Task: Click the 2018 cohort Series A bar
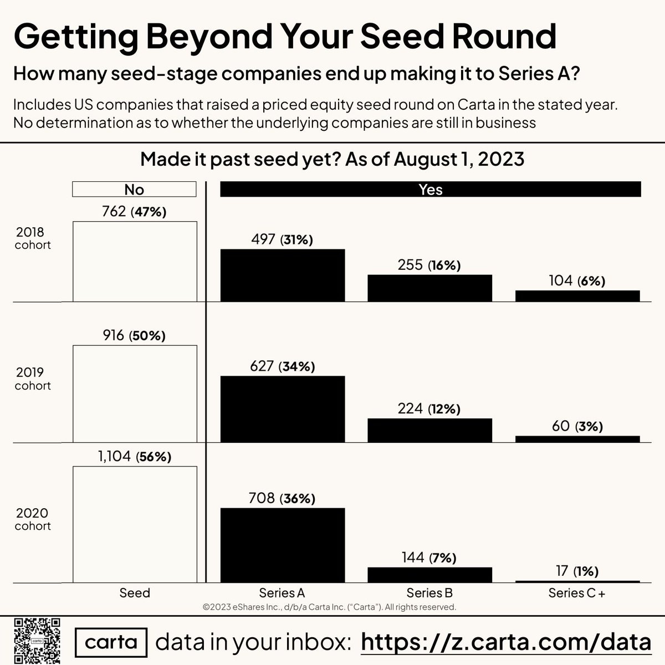[x=283, y=275]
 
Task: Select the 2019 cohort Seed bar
[x=135, y=394]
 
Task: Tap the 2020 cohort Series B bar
[x=429, y=575]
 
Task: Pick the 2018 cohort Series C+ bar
[x=577, y=296]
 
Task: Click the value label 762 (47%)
[x=134, y=211]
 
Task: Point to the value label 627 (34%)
[x=282, y=366]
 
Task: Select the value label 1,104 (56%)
[x=135, y=456]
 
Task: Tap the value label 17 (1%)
[x=577, y=571]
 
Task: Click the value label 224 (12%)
[x=429, y=408]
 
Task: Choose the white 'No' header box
[x=134, y=190]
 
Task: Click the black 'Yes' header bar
[x=430, y=190]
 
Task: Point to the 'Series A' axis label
[x=282, y=593]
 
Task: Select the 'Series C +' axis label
[x=577, y=593]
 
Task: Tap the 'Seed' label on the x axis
[x=135, y=593]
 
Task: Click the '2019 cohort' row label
[x=33, y=379]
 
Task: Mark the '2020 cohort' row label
[x=33, y=519]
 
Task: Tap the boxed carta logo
[x=111, y=642]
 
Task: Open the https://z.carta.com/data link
[x=506, y=642]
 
